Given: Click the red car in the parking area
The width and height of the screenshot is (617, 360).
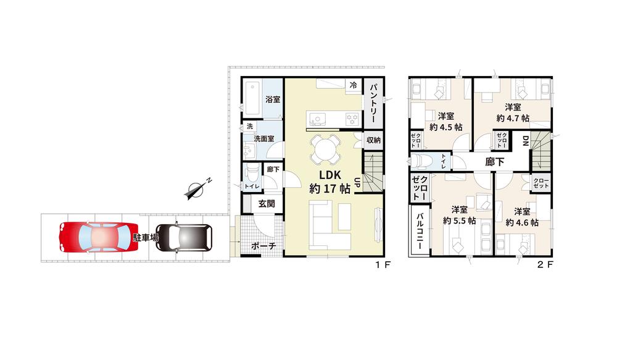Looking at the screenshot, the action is click(x=98, y=238).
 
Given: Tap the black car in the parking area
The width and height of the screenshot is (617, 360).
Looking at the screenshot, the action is click(x=184, y=238).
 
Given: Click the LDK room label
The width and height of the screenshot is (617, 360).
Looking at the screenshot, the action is click(x=329, y=175).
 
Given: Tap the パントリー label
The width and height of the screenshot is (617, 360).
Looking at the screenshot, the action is click(x=373, y=104).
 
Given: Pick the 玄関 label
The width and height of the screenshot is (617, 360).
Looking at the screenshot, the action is click(x=267, y=204).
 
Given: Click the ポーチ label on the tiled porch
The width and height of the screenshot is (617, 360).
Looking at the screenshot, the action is click(x=263, y=246).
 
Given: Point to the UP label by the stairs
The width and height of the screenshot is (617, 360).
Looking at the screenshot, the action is click(x=357, y=183).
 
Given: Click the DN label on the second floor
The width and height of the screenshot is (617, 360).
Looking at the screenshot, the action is click(x=525, y=141).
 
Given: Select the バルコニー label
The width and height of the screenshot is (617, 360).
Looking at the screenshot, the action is click(x=420, y=231).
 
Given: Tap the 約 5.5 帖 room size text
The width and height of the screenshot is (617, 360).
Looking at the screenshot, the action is click(x=459, y=221).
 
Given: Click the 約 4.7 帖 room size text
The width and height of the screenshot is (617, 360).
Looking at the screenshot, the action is click(x=513, y=118).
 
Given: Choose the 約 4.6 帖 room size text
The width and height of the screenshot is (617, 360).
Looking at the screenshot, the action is click(x=522, y=222).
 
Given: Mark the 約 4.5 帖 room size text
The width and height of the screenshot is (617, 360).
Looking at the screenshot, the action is click(x=446, y=127).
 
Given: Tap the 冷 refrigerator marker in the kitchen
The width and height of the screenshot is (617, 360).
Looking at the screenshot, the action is click(x=354, y=85).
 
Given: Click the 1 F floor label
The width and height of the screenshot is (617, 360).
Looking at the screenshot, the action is click(x=382, y=265).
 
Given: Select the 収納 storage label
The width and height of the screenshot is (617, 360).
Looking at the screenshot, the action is click(x=373, y=140).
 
